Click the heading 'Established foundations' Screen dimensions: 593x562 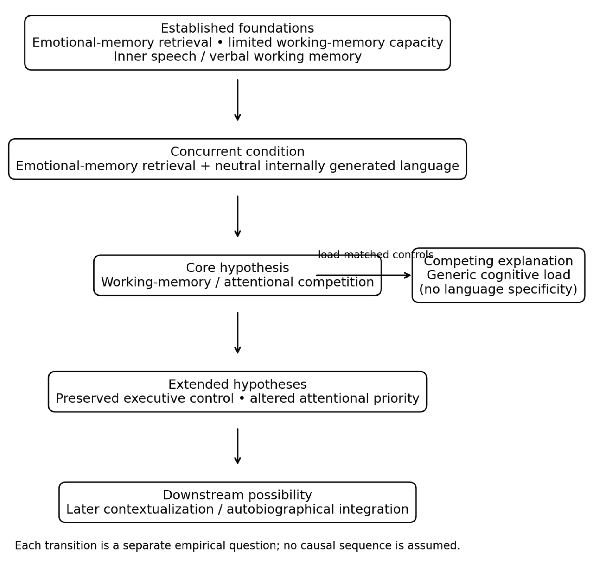point(237,28)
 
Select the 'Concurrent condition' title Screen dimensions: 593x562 point(237,152)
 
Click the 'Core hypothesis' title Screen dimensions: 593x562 point(237,268)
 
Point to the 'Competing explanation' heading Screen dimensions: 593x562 point(498,261)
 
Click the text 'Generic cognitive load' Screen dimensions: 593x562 point(498,275)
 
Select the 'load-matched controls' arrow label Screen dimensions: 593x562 point(375,255)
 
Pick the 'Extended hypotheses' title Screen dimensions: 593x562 point(237,384)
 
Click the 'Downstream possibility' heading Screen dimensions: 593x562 point(237,495)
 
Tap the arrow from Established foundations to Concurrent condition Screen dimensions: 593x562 point(237,100)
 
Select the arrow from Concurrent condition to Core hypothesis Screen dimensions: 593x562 point(237,217)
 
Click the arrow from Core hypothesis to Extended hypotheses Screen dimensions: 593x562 point(237,333)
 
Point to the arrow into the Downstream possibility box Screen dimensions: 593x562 point(237,446)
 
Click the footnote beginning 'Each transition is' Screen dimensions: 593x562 point(237,545)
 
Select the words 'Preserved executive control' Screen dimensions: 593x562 point(145,399)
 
